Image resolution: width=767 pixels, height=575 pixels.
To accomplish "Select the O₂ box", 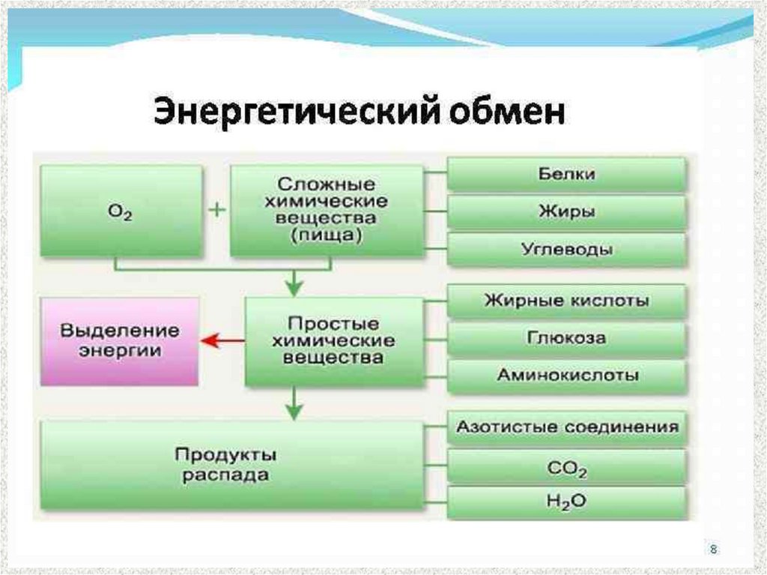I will point(121,211).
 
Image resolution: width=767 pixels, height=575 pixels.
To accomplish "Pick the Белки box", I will point(566,174).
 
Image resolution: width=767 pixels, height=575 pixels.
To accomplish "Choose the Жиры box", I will point(566,212).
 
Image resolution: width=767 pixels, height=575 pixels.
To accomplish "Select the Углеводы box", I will point(566,250).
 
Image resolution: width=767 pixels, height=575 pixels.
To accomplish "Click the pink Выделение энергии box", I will point(120,341).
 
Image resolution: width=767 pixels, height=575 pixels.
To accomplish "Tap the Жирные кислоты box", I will point(566,301).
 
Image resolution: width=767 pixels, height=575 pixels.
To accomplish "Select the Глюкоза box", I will point(566,339).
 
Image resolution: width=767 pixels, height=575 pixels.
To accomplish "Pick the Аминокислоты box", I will point(566,376).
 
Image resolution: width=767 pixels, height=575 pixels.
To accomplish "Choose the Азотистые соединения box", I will point(566,427).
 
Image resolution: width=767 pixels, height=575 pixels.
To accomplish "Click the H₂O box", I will point(566,502).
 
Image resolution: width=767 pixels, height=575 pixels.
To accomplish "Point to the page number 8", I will point(713,550).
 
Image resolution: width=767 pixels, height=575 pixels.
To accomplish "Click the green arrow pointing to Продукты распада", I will point(295,405).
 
